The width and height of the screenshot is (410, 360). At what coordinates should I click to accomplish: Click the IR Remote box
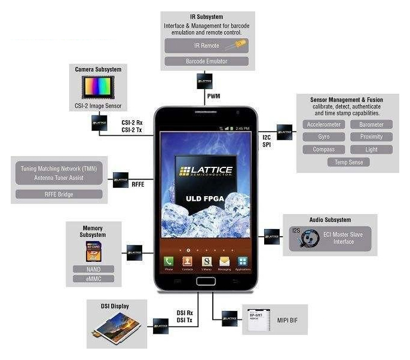206,45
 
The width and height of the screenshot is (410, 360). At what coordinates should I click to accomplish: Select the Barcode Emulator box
206,61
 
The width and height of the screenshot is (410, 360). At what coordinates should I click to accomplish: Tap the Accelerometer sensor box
323,124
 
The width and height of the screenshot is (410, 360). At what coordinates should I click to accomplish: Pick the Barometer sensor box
372,124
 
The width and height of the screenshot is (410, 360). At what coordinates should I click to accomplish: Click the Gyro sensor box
323,136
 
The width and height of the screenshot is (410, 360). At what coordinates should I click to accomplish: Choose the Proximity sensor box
372,136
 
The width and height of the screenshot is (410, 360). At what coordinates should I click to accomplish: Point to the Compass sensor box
323,149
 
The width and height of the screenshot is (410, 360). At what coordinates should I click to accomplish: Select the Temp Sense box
348,161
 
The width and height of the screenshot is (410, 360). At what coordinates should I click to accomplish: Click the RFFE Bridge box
59,194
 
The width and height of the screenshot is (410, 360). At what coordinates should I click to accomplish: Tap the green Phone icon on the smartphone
169,261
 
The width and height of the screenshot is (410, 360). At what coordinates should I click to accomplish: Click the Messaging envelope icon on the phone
224,261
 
